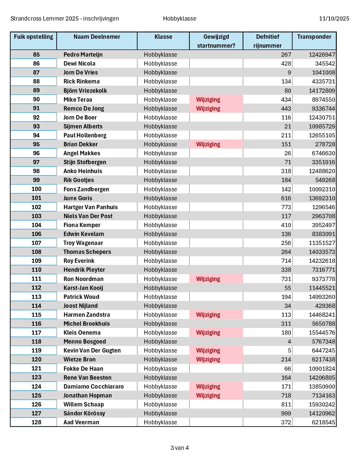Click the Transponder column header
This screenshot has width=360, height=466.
coord(314,37)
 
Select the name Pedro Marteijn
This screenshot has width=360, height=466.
coord(83,55)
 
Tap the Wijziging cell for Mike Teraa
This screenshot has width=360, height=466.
coord(208,100)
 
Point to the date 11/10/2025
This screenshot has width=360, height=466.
coord(334,19)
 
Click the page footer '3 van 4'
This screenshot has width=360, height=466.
coord(180,448)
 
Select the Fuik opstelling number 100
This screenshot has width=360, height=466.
coord(36,189)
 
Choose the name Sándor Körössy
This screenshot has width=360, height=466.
coord(84,413)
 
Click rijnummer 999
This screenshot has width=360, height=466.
coord(286,413)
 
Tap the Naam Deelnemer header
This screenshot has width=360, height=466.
coord(97,37)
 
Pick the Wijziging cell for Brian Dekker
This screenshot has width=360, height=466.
coord(208,144)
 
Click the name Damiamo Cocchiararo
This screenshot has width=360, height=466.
coord(93,387)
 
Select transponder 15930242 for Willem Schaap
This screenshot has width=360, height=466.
coord(322,404)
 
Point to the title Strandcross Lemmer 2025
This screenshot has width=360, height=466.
coord(65,19)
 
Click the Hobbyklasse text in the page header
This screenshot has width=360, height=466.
coord(179,19)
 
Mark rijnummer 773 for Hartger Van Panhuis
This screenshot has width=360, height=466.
coord(286,207)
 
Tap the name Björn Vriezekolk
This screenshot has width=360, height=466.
coord(85,91)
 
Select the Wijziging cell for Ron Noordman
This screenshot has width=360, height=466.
coord(208,279)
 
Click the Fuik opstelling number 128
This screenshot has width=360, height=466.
coord(36,422)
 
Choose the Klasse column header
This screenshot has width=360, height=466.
coord(163,37)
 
